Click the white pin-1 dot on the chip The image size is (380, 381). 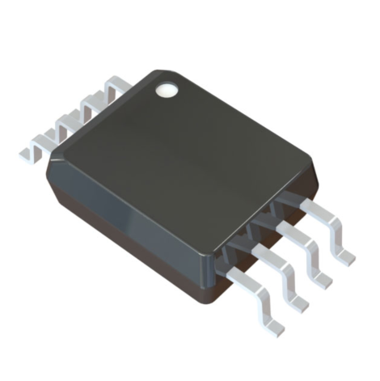[167, 88]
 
